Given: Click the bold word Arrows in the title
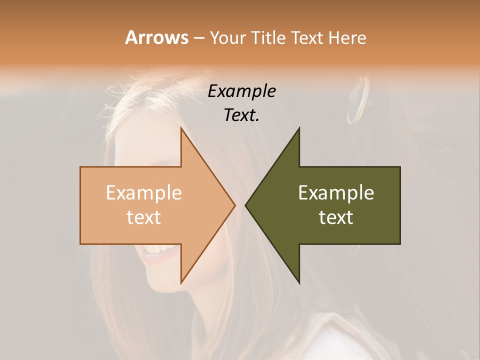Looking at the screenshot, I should [x=156, y=37].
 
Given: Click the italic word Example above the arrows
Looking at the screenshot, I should [x=241, y=91].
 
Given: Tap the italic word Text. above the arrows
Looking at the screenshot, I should [x=241, y=115].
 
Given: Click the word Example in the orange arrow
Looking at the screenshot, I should [x=143, y=193].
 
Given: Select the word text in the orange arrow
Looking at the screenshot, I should [x=143, y=217].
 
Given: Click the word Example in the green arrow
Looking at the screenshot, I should [x=336, y=193].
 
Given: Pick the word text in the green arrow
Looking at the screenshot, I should [x=336, y=217].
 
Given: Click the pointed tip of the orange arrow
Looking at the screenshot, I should [x=234, y=205].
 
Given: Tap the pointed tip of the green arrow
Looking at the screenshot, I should [x=245, y=205].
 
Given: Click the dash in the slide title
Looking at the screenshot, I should [x=198, y=38].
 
